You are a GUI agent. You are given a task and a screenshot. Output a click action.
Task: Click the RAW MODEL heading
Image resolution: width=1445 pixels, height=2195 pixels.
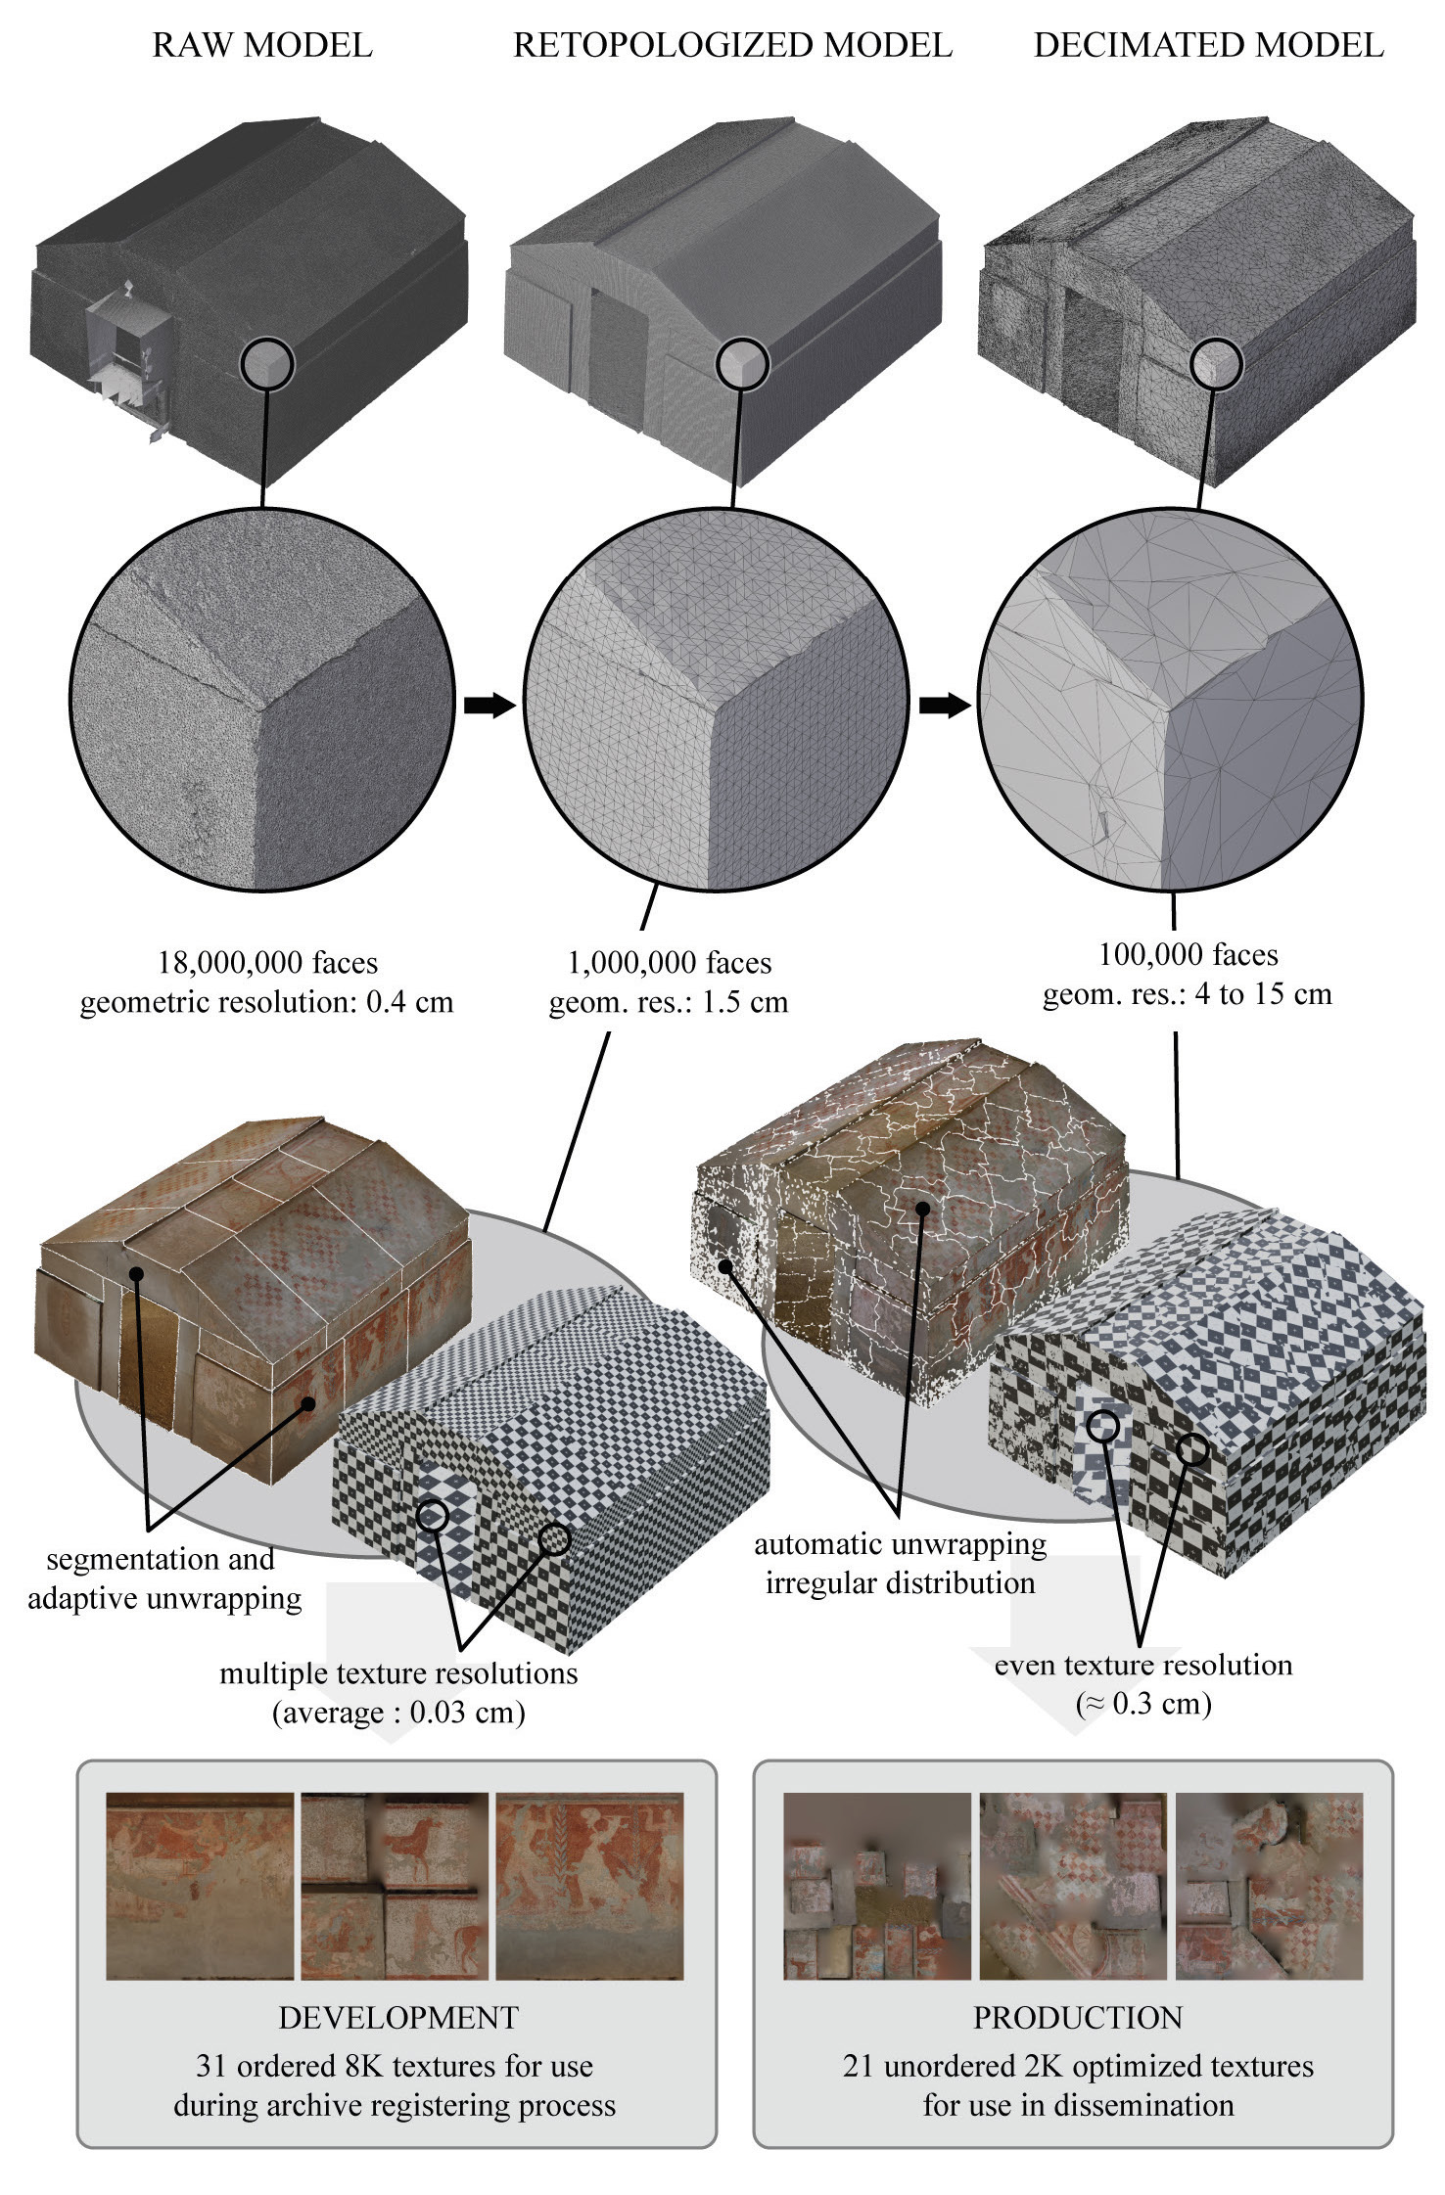click(x=262, y=46)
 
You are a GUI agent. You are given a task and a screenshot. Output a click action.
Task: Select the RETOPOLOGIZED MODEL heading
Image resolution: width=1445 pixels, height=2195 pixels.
click(x=732, y=46)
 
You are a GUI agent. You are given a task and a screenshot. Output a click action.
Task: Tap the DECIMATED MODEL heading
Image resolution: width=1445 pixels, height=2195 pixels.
click(x=1209, y=46)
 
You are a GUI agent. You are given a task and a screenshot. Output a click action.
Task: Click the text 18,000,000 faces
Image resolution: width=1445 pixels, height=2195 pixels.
click(x=267, y=963)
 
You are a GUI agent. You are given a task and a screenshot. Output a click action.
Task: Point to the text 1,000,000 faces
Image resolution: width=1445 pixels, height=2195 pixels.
click(x=670, y=963)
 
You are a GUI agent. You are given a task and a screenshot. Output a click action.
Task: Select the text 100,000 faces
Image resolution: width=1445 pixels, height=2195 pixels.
click(x=1189, y=954)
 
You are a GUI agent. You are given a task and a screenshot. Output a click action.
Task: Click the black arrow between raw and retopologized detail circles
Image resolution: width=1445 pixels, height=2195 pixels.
click(x=489, y=705)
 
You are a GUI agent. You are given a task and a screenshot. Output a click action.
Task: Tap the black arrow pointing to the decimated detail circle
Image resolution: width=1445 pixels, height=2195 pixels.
click(x=945, y=705)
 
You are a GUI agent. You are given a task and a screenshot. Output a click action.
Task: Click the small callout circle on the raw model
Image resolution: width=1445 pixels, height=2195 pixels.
click(x=267, y=365)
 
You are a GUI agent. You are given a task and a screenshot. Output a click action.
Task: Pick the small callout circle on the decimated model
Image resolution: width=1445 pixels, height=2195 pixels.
click(x=1216, y=364)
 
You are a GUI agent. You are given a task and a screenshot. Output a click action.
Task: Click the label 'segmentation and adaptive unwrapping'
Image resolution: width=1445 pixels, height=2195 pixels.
click(x=164, y=1578)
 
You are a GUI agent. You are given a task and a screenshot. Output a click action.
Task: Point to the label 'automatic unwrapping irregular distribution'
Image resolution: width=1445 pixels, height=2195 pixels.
click(x=901, y=1563)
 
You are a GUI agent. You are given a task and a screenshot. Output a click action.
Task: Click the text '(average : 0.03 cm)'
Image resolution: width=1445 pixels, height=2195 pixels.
click(x=398, y=1713)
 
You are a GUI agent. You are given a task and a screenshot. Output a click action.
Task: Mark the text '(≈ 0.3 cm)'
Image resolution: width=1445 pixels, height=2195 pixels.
click(x=1143, y=1704)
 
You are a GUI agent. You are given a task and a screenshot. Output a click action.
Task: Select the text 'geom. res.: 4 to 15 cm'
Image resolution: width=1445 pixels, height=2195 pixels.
click(x=1188, y=994)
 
